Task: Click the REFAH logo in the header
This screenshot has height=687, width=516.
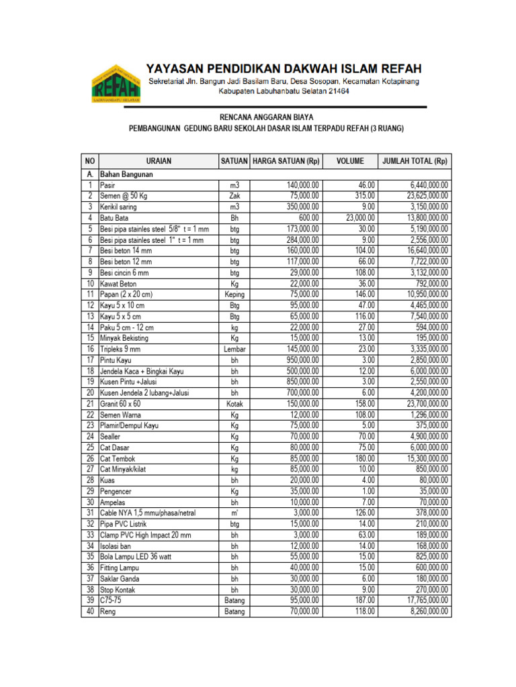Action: coord(112,83)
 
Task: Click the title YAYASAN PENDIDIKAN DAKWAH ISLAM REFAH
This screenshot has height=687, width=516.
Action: coord(284,68)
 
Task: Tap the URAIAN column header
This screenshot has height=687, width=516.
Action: coord(159,161)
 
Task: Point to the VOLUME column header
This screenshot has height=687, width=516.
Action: coord(350,161)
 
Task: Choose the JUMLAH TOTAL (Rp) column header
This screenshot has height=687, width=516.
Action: coord(415,161)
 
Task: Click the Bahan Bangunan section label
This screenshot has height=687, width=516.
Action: coord(127,174)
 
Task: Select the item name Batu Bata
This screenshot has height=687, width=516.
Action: coord(116,218)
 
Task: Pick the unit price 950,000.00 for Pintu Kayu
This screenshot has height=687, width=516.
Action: coord(296,360)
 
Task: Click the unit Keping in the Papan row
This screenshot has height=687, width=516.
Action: coord(234,295)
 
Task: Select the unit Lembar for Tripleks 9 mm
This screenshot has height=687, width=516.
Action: coord(234,350)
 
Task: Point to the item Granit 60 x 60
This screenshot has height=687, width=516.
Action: coord(121,404)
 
